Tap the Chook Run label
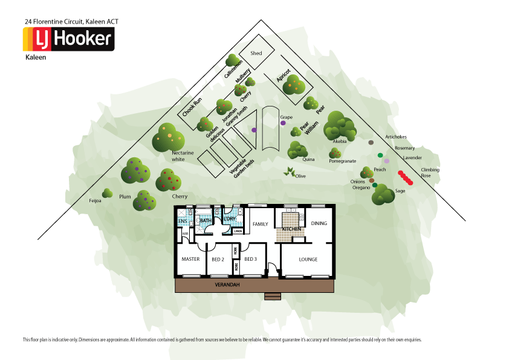[x=192, y=106]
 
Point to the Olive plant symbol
[x=290, y=172]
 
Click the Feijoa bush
[x=108, y=193]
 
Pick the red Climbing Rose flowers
[x=406, y=177]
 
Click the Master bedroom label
[x=190, y=260]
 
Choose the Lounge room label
[x=308, y=260]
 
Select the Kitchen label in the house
[x=291, y=229]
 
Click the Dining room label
[x=319, y=223]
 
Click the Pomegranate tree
[x=336, y=154]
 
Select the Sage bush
[x=383, y=195]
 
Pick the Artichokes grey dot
[x=371, y=143]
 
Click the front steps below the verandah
[x=273, y=296]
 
